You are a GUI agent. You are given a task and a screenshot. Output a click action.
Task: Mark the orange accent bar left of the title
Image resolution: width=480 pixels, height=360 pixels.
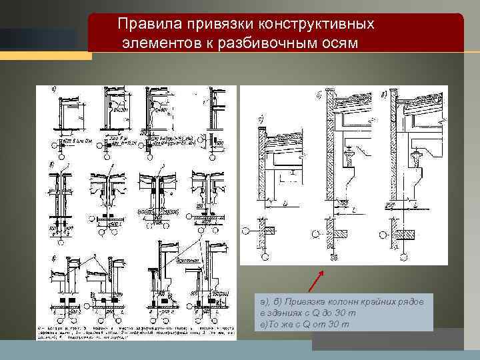[46, 56]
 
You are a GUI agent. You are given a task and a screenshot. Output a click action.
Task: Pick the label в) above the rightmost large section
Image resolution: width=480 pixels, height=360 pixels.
[383, 95]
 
